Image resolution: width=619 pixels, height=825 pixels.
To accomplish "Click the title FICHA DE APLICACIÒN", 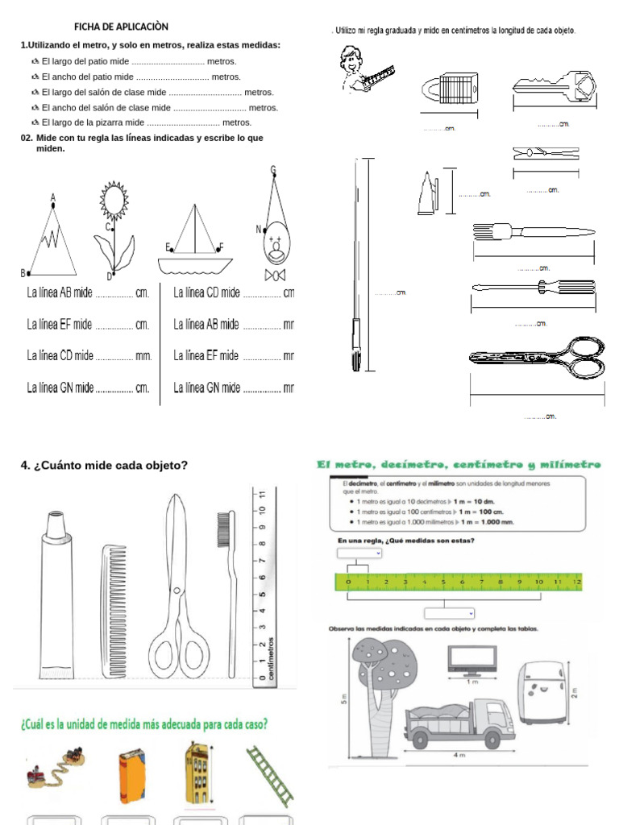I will point(121,27).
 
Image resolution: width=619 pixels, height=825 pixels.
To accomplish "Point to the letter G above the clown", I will point(273,170).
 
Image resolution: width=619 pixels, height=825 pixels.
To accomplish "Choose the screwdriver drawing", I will point(534,286).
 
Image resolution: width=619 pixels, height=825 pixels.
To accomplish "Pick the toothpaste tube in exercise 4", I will point(56,593).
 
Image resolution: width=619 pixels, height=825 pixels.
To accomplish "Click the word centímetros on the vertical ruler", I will point(270,657).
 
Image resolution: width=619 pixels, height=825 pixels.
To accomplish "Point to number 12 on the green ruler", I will point(576,582).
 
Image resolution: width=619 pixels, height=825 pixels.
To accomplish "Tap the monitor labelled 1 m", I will point(473,660).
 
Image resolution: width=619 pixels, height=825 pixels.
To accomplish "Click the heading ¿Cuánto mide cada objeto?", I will point(104,466).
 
